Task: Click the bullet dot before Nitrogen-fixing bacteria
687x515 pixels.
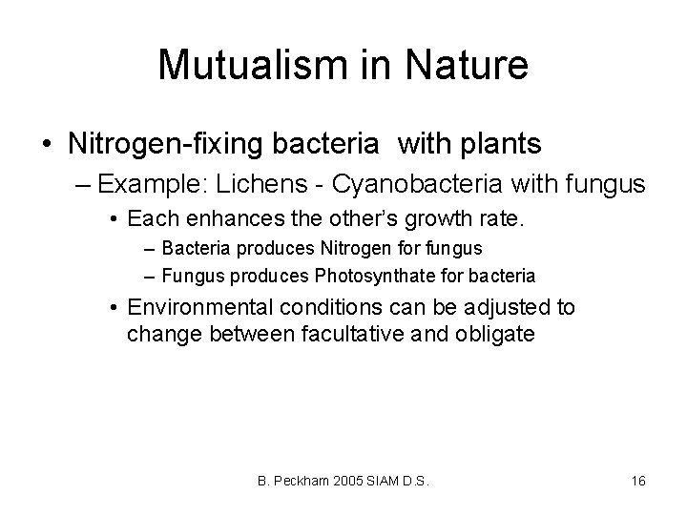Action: [x=47, y=145]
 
